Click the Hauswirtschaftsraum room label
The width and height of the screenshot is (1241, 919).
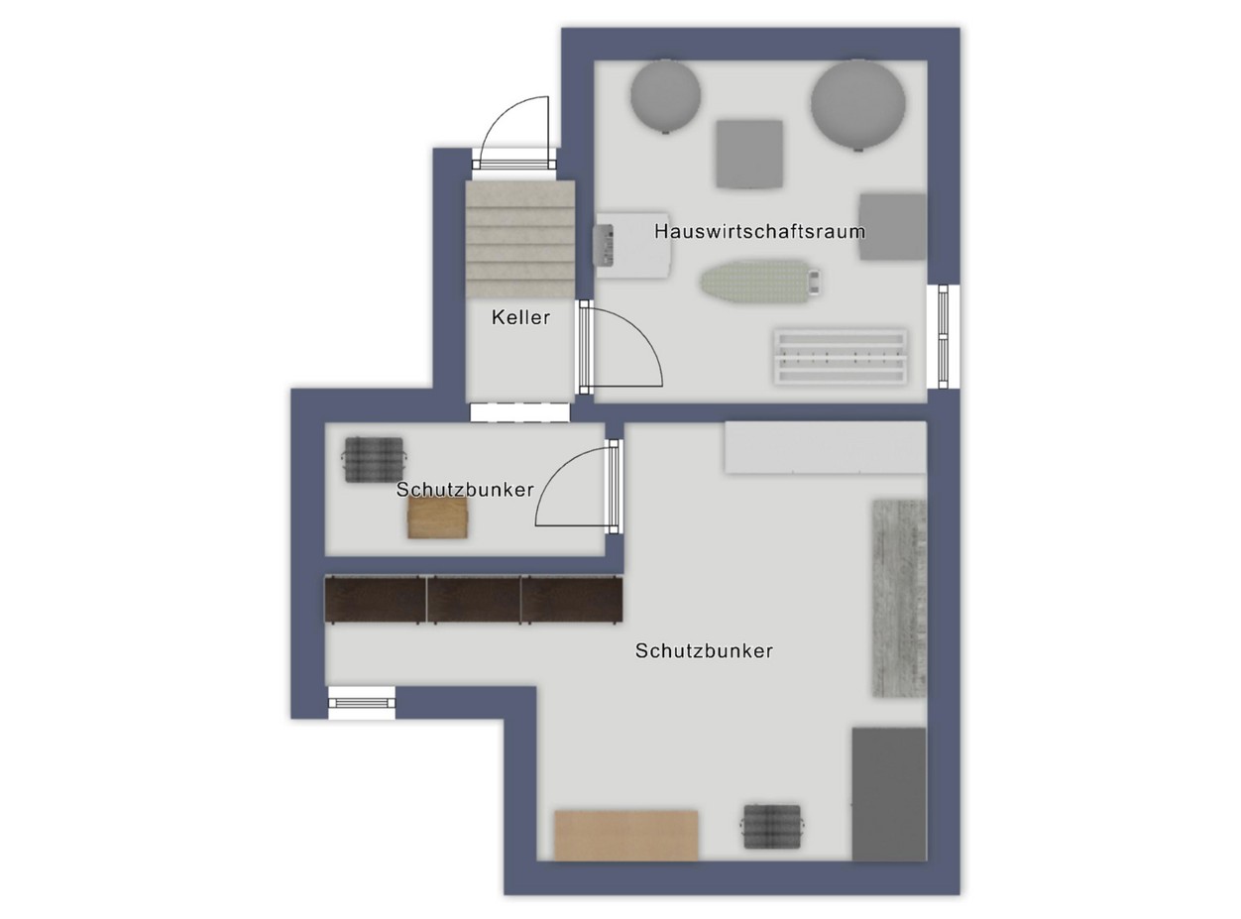point(759,231)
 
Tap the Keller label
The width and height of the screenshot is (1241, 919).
point(520,317)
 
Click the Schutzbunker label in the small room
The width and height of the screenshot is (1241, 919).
point(465,490)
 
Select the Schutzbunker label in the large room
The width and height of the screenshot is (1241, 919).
point(704,650)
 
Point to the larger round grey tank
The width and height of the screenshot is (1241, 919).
point(857,105)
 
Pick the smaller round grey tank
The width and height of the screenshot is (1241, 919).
point(665,97)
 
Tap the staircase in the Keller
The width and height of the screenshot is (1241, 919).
point(520,239)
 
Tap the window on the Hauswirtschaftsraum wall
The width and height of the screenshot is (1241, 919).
point(944,336)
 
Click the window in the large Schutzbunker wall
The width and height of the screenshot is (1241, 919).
point(362,703)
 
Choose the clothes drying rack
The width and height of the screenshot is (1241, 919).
point(841,357)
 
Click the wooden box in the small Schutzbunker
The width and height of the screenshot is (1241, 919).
point(437,517)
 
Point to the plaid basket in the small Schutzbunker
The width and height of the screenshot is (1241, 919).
point(374,460)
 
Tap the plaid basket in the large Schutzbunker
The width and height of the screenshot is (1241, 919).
point(772,826)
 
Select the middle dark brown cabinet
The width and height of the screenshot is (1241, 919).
point(474,600)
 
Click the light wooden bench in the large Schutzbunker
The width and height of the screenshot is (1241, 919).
point(626,835)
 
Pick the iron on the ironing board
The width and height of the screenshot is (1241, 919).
point(813,282)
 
